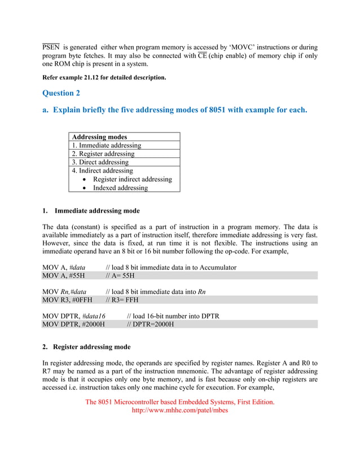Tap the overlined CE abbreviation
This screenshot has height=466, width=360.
pyautogui.click(x=202, y=56)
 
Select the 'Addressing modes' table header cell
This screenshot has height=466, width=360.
pyautogui.click(x=99, y=137)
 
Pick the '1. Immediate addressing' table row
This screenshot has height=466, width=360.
pyautogui.click(x=106, y=145)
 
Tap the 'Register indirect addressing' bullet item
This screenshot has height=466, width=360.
pyautogui.click(x=132, y=179)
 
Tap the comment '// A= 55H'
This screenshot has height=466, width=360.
pyautogui.click(x=120, y=276)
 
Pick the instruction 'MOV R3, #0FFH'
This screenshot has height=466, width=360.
pyautogui.click(x=67, y=300)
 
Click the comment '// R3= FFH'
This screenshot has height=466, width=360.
pyautogui.click(x=122, y=300)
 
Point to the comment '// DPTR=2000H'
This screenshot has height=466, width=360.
pyautogui.click(x=150, y=324)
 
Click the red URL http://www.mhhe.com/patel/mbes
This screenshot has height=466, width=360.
pyautogui.click(x=179, y=411)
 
